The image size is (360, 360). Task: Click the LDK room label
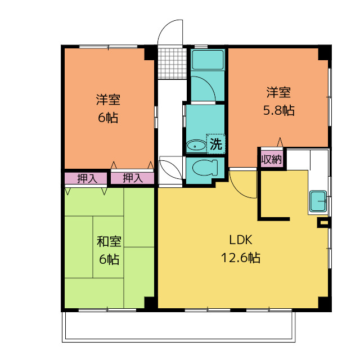tap(241, 240)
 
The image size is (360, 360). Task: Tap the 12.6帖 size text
tap(241, 258)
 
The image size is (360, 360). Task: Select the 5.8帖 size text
tap(278, 110)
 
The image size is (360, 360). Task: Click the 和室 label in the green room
tap(109, 241)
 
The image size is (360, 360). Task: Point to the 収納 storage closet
tap(272, 159)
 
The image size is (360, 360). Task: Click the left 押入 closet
tap(85, 178)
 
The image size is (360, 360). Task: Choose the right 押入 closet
tap(133, 178)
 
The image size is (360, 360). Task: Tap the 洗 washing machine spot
tap(216, 144)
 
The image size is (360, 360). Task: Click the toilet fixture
tap(205, 168)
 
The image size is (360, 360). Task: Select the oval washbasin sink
tap(196, 146)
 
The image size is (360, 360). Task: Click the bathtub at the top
tap(208, 60)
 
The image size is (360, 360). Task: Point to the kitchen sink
tap(318, 201)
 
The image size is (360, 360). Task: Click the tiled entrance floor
tap(172, 64)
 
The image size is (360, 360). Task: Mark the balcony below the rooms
tap(179, 326)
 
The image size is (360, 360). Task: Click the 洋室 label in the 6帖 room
tap(108, 100)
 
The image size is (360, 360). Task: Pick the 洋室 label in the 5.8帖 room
tap(278, 92)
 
